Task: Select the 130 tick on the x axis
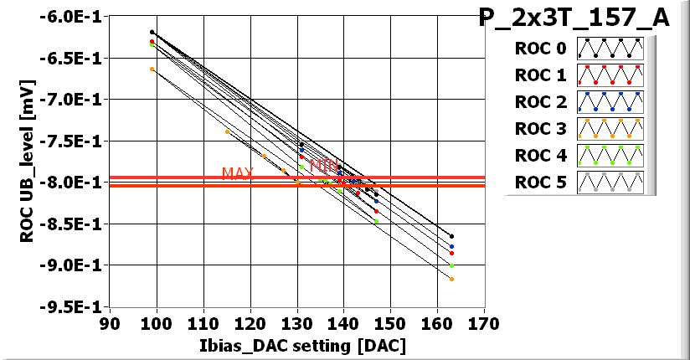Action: [x=296, y=323]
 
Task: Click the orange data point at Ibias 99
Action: [x=152, y=69]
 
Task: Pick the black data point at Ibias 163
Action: [x=451, y=236]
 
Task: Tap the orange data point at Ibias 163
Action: [x=451, y=279]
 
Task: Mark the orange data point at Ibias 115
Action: [x=227, y=131]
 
